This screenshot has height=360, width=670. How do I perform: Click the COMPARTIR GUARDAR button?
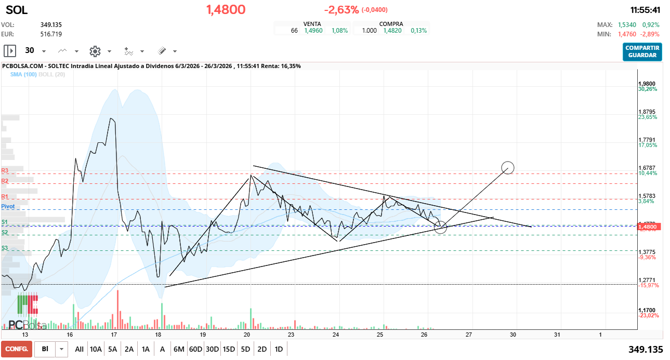pos(642,51)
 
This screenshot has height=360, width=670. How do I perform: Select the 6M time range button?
pos(179,349)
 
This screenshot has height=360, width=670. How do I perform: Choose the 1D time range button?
pos(279,349)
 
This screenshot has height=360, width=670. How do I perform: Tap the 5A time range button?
pos(113,349)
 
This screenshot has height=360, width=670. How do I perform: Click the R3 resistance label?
pos(5,170)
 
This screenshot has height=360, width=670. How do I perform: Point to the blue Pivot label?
pos(8,206)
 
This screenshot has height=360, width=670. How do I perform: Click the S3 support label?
pos(5,248)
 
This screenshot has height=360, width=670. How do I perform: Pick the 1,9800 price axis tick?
pos(647,84)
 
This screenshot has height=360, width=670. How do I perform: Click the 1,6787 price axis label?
pos(647,168)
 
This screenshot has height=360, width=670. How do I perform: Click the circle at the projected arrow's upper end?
pos(508,167)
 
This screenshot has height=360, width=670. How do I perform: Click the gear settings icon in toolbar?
pos(95,51)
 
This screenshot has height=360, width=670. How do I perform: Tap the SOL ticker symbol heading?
pos(17,10)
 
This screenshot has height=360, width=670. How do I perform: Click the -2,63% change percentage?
pos(341,10)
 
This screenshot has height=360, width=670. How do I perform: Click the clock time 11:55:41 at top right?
pos(645,10)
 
